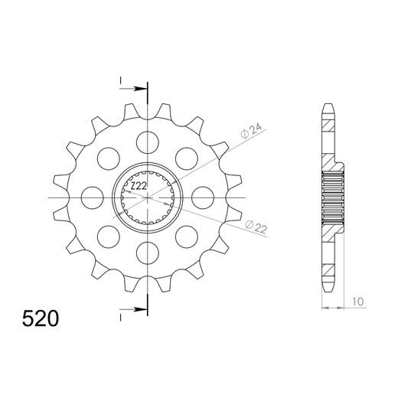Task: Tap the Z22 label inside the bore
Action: coord(138,186)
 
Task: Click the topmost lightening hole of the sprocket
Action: coord(145,139)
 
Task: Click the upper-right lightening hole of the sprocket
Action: coord(184,156)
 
